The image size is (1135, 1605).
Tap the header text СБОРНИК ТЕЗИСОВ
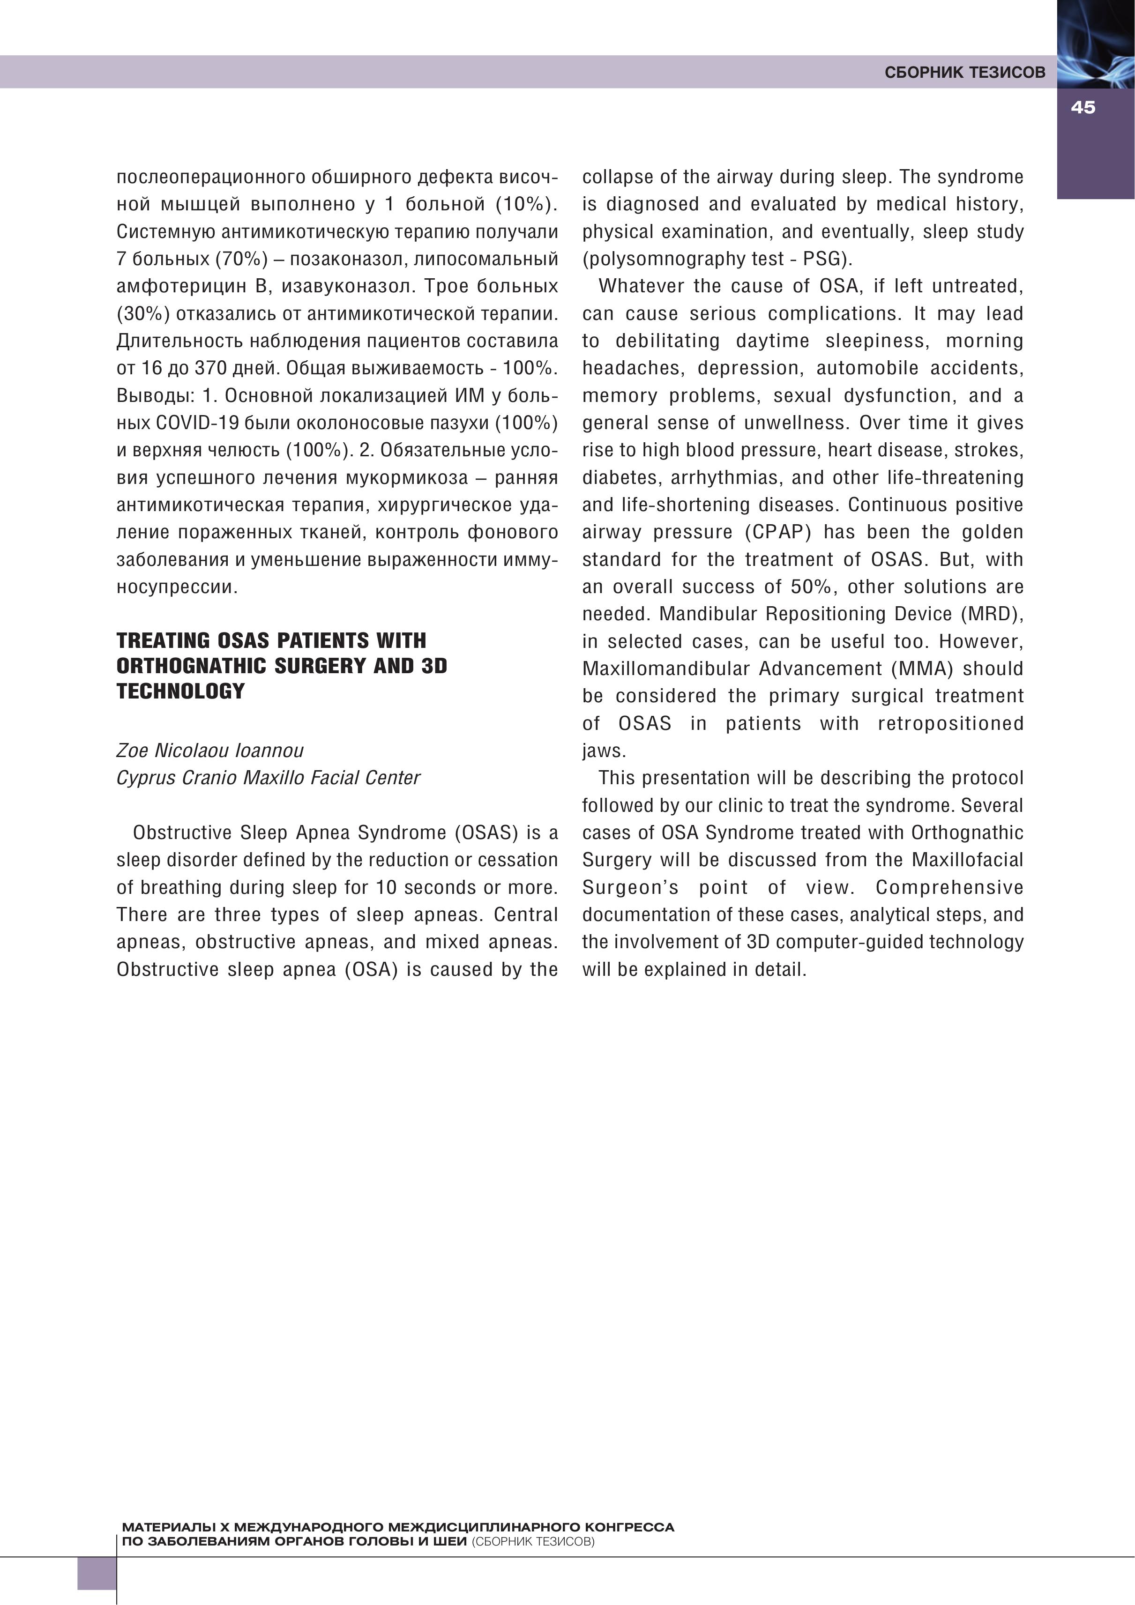pyautogui.click(x=964, y=73)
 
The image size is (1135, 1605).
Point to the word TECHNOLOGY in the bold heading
pyautogui.click(x=180, y=691)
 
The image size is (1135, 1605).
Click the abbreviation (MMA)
pyautogui.click(x=922, y=669)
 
